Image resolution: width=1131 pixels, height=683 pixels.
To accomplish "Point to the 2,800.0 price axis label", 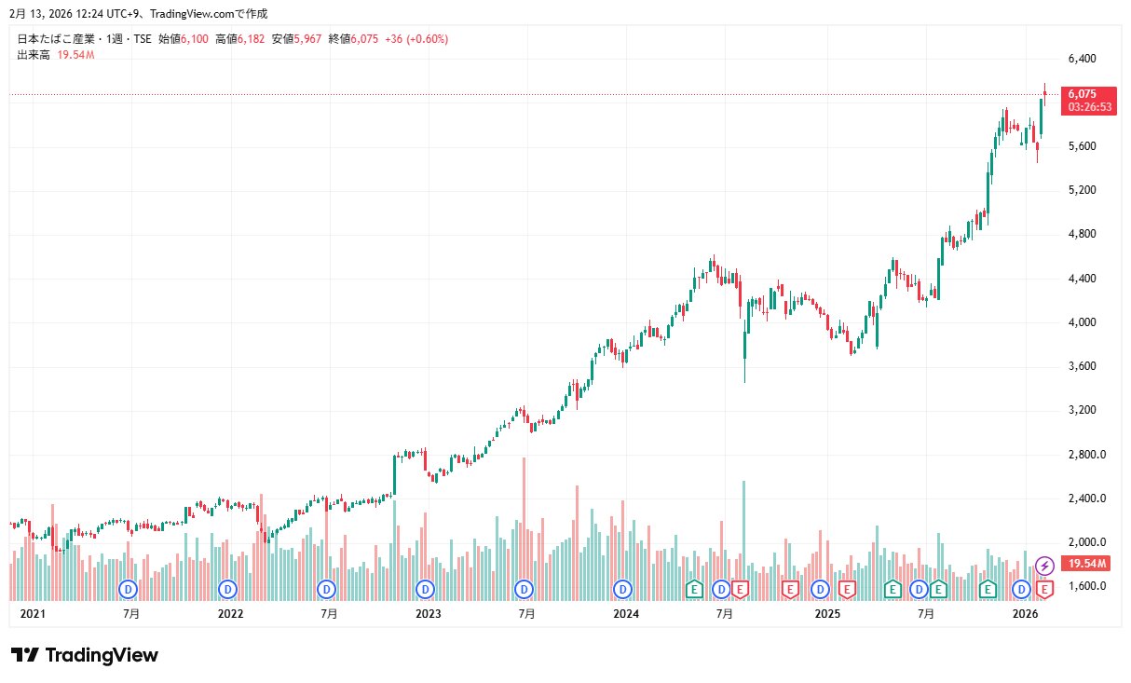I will [1086, 455].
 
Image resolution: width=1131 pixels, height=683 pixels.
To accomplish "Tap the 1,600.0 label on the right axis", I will [1086, 587].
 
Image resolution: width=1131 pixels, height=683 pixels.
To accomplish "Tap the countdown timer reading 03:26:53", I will [1089, 107].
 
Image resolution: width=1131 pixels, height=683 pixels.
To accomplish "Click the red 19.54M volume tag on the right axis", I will [1087, 564].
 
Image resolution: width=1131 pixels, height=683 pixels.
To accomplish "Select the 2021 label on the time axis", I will [33, 614].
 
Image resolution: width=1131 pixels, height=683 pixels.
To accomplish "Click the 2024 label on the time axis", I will [625, 614].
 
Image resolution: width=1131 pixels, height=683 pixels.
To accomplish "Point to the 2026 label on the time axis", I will [1025, 614].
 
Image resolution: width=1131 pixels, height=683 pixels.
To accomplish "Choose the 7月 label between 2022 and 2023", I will [329, 614].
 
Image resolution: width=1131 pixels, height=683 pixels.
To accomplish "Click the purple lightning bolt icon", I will [1045, 566].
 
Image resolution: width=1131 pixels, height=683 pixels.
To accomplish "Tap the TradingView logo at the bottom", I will [85, 655].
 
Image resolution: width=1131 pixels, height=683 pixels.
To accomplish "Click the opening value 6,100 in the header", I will [196, 39].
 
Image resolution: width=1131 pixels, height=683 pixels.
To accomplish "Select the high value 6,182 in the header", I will [252, 39].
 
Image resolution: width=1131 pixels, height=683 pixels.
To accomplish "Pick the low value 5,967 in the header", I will [308, 39].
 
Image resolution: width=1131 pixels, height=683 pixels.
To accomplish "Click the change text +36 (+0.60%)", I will [416, 39].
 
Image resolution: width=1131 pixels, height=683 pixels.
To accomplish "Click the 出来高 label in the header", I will [34, 55].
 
